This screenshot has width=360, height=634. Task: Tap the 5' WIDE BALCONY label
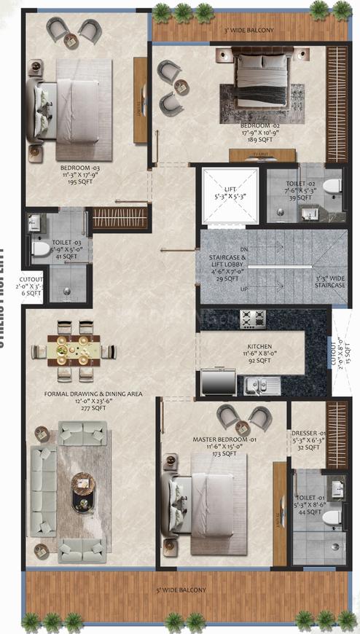click(x=181, y=590)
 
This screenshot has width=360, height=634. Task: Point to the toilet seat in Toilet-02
click(x=332, y=188)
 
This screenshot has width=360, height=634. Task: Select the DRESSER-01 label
click(x=306, y=434)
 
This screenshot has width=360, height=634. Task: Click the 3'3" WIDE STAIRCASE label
click(x=330, y=281)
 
